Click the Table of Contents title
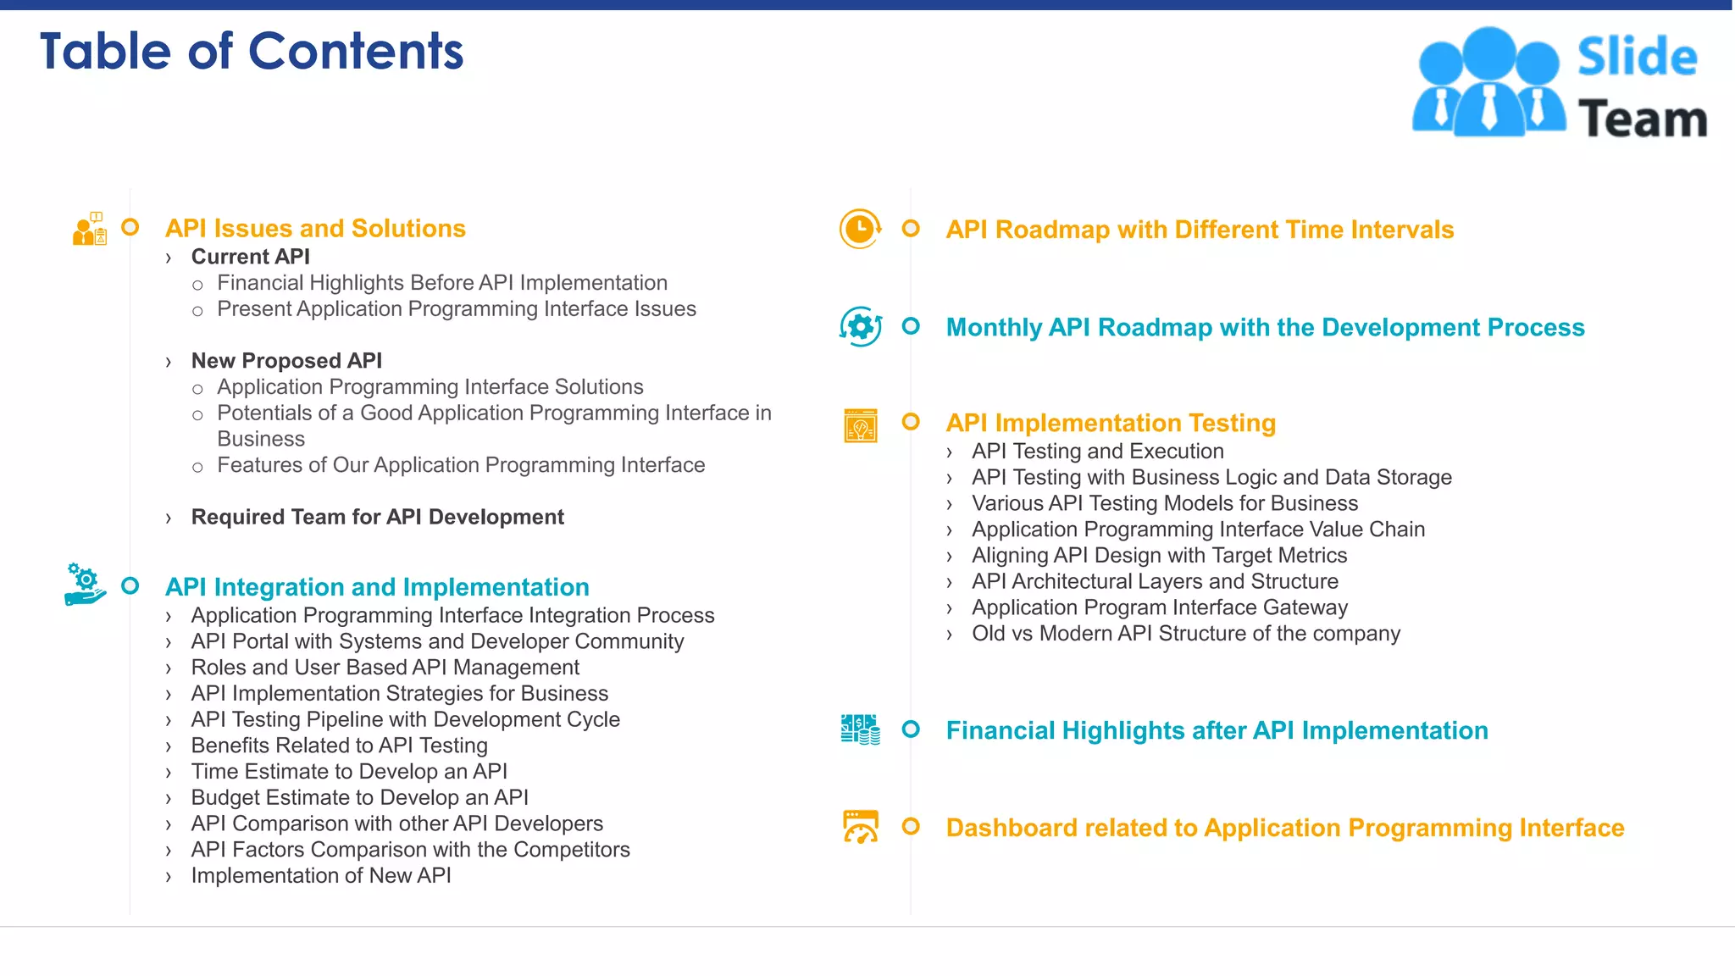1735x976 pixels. point(252,52)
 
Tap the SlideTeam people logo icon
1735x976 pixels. point(1488,83)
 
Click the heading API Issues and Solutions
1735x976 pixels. point(315,229)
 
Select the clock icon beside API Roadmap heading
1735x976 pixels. point(860,230)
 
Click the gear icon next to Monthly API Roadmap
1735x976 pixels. point(860,327)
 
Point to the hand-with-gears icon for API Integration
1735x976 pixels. point(85,585)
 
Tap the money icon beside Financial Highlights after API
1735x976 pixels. point(860,729)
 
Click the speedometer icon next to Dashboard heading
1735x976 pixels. point(860,827)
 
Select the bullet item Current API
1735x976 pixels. point(250,257)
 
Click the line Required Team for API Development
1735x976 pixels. point(377,517)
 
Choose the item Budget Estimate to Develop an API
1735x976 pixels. point(359,797)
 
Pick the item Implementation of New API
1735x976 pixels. point(321,875)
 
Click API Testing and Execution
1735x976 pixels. point(1097,451)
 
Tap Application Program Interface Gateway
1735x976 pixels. point(1159,607)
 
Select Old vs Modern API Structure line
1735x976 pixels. point(1185,634)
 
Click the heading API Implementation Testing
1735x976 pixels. point(1110,423)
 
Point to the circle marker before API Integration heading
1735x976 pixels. point(130,585)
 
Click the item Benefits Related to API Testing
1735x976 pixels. point(339,746)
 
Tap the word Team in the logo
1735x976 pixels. point(1642,119)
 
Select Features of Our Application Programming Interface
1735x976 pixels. point(460,465)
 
